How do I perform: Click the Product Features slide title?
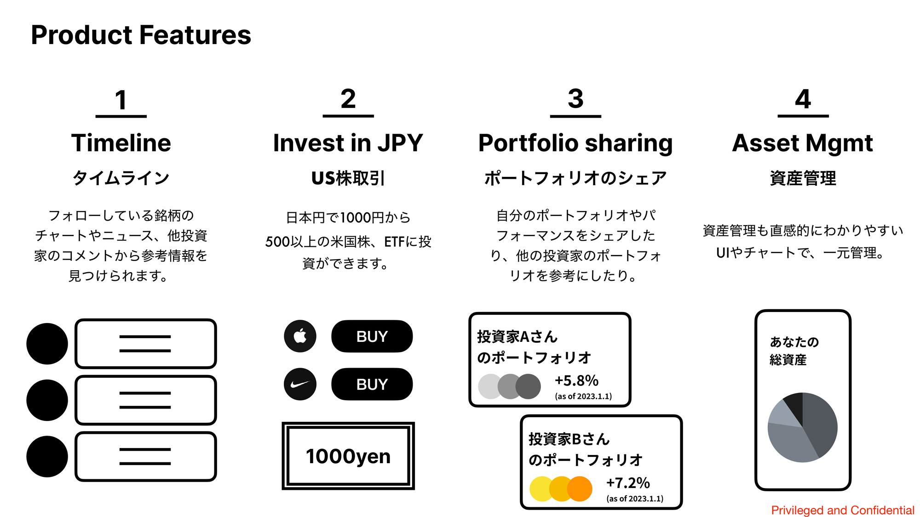(141, 35)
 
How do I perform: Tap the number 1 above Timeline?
(121, 100)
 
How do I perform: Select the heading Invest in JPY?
(348, 142)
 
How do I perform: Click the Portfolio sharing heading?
(575, 143)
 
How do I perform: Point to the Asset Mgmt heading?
(803, 143)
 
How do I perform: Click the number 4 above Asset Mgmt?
(803, 99)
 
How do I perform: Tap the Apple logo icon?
(300, 336)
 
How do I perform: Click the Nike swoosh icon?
(300, 384)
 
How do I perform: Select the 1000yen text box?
(348, 456)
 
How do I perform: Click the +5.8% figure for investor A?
(576, 381)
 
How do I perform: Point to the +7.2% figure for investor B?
(628, 483)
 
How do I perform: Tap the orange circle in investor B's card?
(580, 489)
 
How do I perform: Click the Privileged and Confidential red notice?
(843, 510)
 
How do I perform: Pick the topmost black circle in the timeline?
(47, 344)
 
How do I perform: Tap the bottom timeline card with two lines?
(146, 456)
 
